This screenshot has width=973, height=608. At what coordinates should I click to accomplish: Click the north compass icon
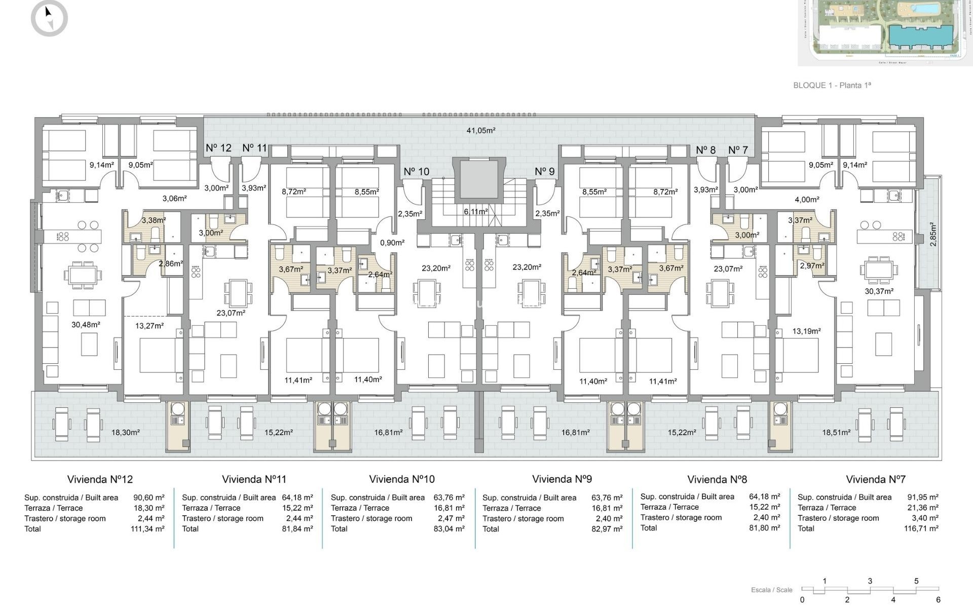(49, 18)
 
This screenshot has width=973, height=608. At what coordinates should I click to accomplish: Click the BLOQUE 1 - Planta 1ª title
(832, 85)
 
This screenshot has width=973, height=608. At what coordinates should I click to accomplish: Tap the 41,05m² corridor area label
(480, 130)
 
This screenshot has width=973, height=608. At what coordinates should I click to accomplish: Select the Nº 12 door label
(218, 148)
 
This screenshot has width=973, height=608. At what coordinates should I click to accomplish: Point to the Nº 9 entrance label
(545, 171)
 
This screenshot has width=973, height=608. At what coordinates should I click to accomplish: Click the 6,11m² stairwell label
(476, 211)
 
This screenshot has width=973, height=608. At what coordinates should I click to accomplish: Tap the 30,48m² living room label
(86, 324)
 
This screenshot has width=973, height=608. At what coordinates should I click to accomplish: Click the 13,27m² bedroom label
(149, 326)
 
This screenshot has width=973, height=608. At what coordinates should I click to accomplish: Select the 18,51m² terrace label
(836, 432)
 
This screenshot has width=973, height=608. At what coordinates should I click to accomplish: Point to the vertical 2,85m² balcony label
(933, 234)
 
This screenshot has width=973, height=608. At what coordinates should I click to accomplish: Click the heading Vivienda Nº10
(401, 479)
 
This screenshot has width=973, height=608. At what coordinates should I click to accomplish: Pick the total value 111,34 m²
(147, 528)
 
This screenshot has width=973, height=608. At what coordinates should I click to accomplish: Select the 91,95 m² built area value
(922, 497)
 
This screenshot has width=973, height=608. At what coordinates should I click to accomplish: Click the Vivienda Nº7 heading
(875, 479)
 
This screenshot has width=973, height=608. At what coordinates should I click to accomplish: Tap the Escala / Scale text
(771, 590)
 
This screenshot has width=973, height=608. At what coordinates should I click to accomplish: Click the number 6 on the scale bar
(939, 600)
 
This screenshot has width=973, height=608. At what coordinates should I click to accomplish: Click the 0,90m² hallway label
(392, 243)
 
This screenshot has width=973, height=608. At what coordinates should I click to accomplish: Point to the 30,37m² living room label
(879, 291)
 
